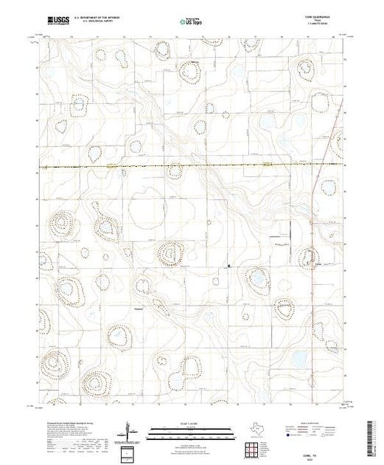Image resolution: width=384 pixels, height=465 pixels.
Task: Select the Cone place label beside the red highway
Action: coord(318,263)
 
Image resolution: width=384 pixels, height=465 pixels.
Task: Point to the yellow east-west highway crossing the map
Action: coord(184,165)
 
